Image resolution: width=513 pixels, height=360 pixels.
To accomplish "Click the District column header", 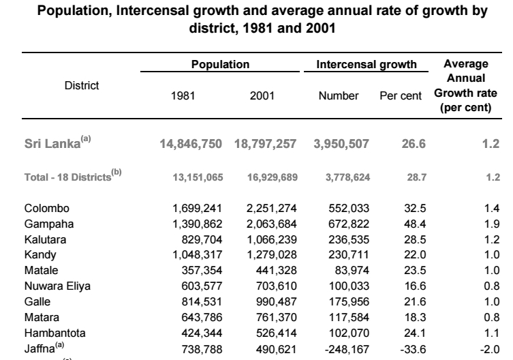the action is [x=82, y=85].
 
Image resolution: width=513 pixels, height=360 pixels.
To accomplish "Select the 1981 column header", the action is [x=183, y=95].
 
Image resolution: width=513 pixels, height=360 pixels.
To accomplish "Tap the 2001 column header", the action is [x=262, y=95].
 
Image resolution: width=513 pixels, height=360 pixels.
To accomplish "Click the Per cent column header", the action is [x=401, y=95].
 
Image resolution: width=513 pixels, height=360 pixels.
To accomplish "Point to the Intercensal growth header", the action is [x=367, y=64].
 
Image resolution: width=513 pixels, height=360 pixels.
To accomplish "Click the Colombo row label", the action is [x=47, y=209].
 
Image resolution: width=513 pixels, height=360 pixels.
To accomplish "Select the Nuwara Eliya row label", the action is [x=57, y=286].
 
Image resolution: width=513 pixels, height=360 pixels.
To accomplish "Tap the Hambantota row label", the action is [x=55, y=333].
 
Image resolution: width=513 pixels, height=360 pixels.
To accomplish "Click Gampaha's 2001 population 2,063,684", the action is [x=272, y=224].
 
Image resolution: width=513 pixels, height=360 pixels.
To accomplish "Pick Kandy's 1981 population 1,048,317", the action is [x=198, y=255].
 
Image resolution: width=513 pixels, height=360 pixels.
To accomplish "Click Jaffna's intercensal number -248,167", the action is [x=347, y=350].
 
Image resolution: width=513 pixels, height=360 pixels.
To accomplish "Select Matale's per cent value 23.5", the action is [x=415, y=270].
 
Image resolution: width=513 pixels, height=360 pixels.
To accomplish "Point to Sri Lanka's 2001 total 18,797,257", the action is [x=265, y=144].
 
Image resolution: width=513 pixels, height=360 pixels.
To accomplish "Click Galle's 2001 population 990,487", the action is [x=277, y=301].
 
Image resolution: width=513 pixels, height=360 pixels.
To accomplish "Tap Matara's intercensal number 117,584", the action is [x=349, y=318].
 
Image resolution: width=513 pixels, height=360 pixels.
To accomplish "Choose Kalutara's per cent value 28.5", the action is [x=415, y=239].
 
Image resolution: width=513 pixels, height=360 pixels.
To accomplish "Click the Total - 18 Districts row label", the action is [x=73, y=176].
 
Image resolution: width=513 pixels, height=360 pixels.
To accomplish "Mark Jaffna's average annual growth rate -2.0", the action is [x=490, y=350].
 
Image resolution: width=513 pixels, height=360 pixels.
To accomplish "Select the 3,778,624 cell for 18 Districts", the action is [x=347, y=177].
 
